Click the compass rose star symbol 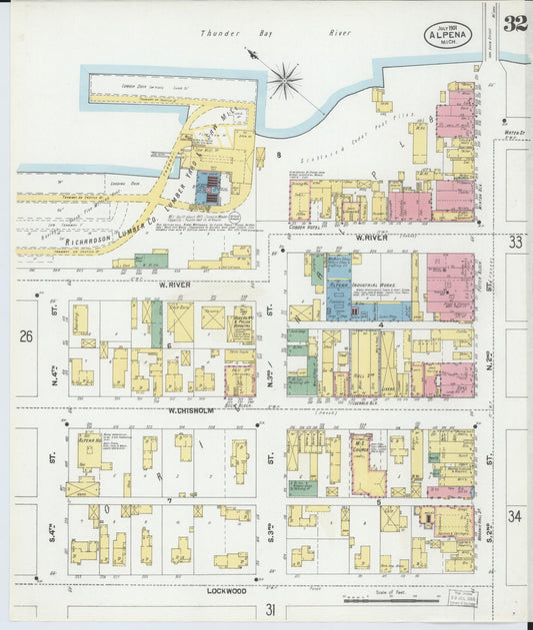click(x=285, y=79)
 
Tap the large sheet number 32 click(x=515, y=24)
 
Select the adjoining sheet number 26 click(x=26, y=337)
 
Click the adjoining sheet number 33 click(x=515, y=243)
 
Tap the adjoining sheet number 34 click(x=515, y=516)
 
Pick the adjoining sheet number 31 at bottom click(x=269, y=609)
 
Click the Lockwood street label click(x=227, y=590)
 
